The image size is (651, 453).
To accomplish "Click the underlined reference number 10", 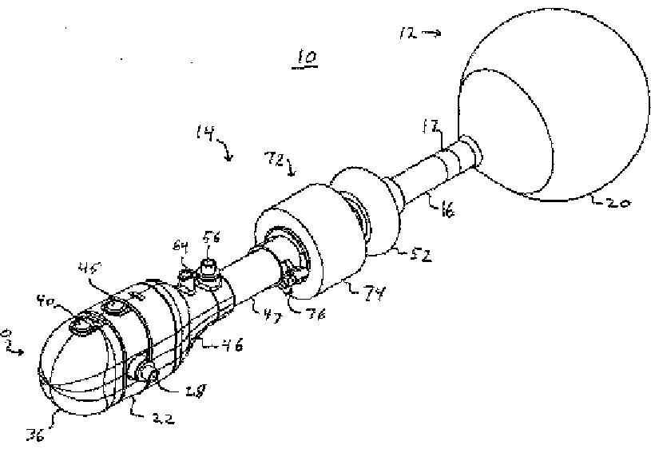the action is tap(305, 58).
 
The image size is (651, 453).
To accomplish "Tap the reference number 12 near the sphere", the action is tap(407, 33).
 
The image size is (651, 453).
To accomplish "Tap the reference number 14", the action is tap(204, 134).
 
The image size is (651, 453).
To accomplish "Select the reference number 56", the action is tap(212, 236).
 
